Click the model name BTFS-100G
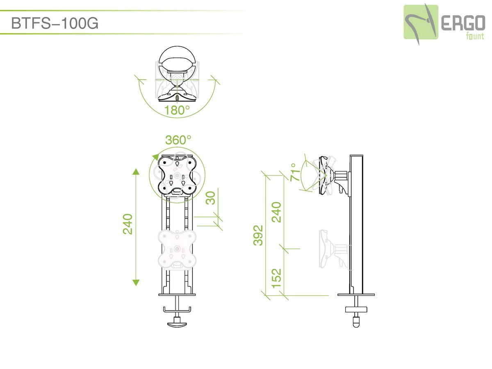click(x=55, y=23)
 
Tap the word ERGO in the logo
click(x=463, y=23)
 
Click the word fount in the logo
click(x=475, y=36)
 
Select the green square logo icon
click(x=421, y=22)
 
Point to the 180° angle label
click(x=177, y=110)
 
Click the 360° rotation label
click(x=178, y=140)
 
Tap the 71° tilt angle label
click(x=295, y=172)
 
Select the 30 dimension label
click(x=210, y=198)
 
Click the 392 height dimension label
click(x=258, y=235)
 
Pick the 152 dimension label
click(x=276, y=278)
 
